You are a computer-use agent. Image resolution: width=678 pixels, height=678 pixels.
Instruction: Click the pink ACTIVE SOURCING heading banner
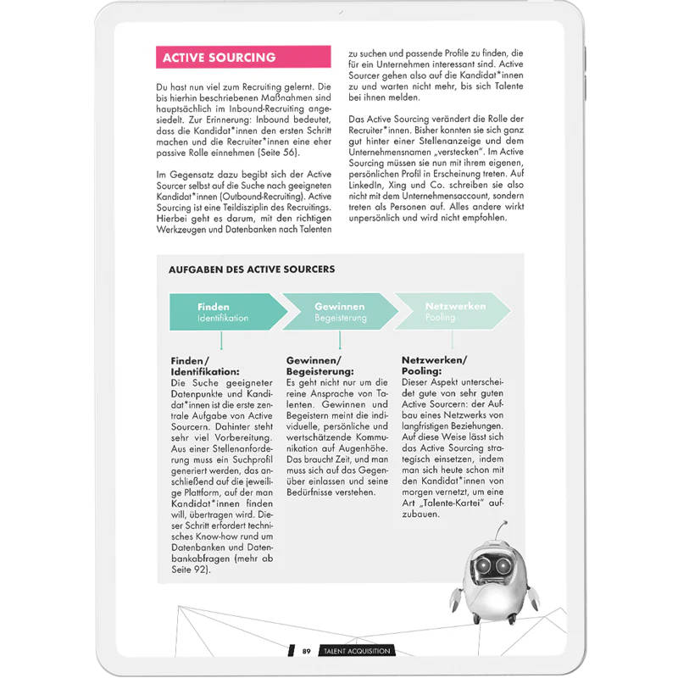[x=243, y=58]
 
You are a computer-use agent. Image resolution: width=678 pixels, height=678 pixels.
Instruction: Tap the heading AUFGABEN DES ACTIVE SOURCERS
[x=252, y=270]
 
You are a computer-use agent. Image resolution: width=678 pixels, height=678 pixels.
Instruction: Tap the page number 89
[x=308, y=651]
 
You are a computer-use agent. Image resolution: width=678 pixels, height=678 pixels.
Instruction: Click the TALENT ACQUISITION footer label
[x=355, y=651]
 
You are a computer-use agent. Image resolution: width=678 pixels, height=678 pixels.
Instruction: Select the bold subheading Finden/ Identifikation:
[x=206, y=365]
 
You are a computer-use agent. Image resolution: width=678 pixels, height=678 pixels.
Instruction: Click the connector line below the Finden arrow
[x=221, y=341]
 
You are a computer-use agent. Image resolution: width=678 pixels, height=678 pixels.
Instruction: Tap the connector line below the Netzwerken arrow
[x=453, y=341]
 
